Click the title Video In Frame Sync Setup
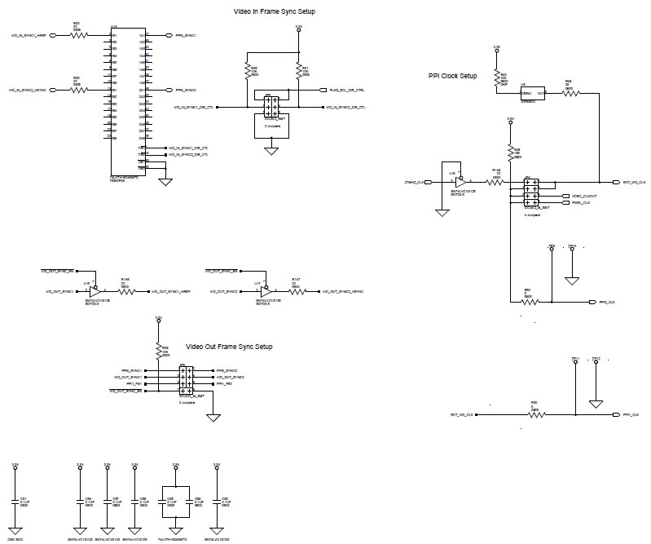tap(274, 11)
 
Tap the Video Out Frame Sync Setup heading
tap(229, 347)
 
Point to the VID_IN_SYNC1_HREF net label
tap(33, 36)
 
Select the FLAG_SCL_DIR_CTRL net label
tap(347, 90)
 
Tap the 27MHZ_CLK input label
tap(415, 181)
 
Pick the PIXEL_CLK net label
tap(581, 203)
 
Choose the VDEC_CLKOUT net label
tap(584, 197)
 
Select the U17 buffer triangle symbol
tap(267, 290)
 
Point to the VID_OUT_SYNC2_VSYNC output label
tap(343, 291)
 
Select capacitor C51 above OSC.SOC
tap(15, 502)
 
